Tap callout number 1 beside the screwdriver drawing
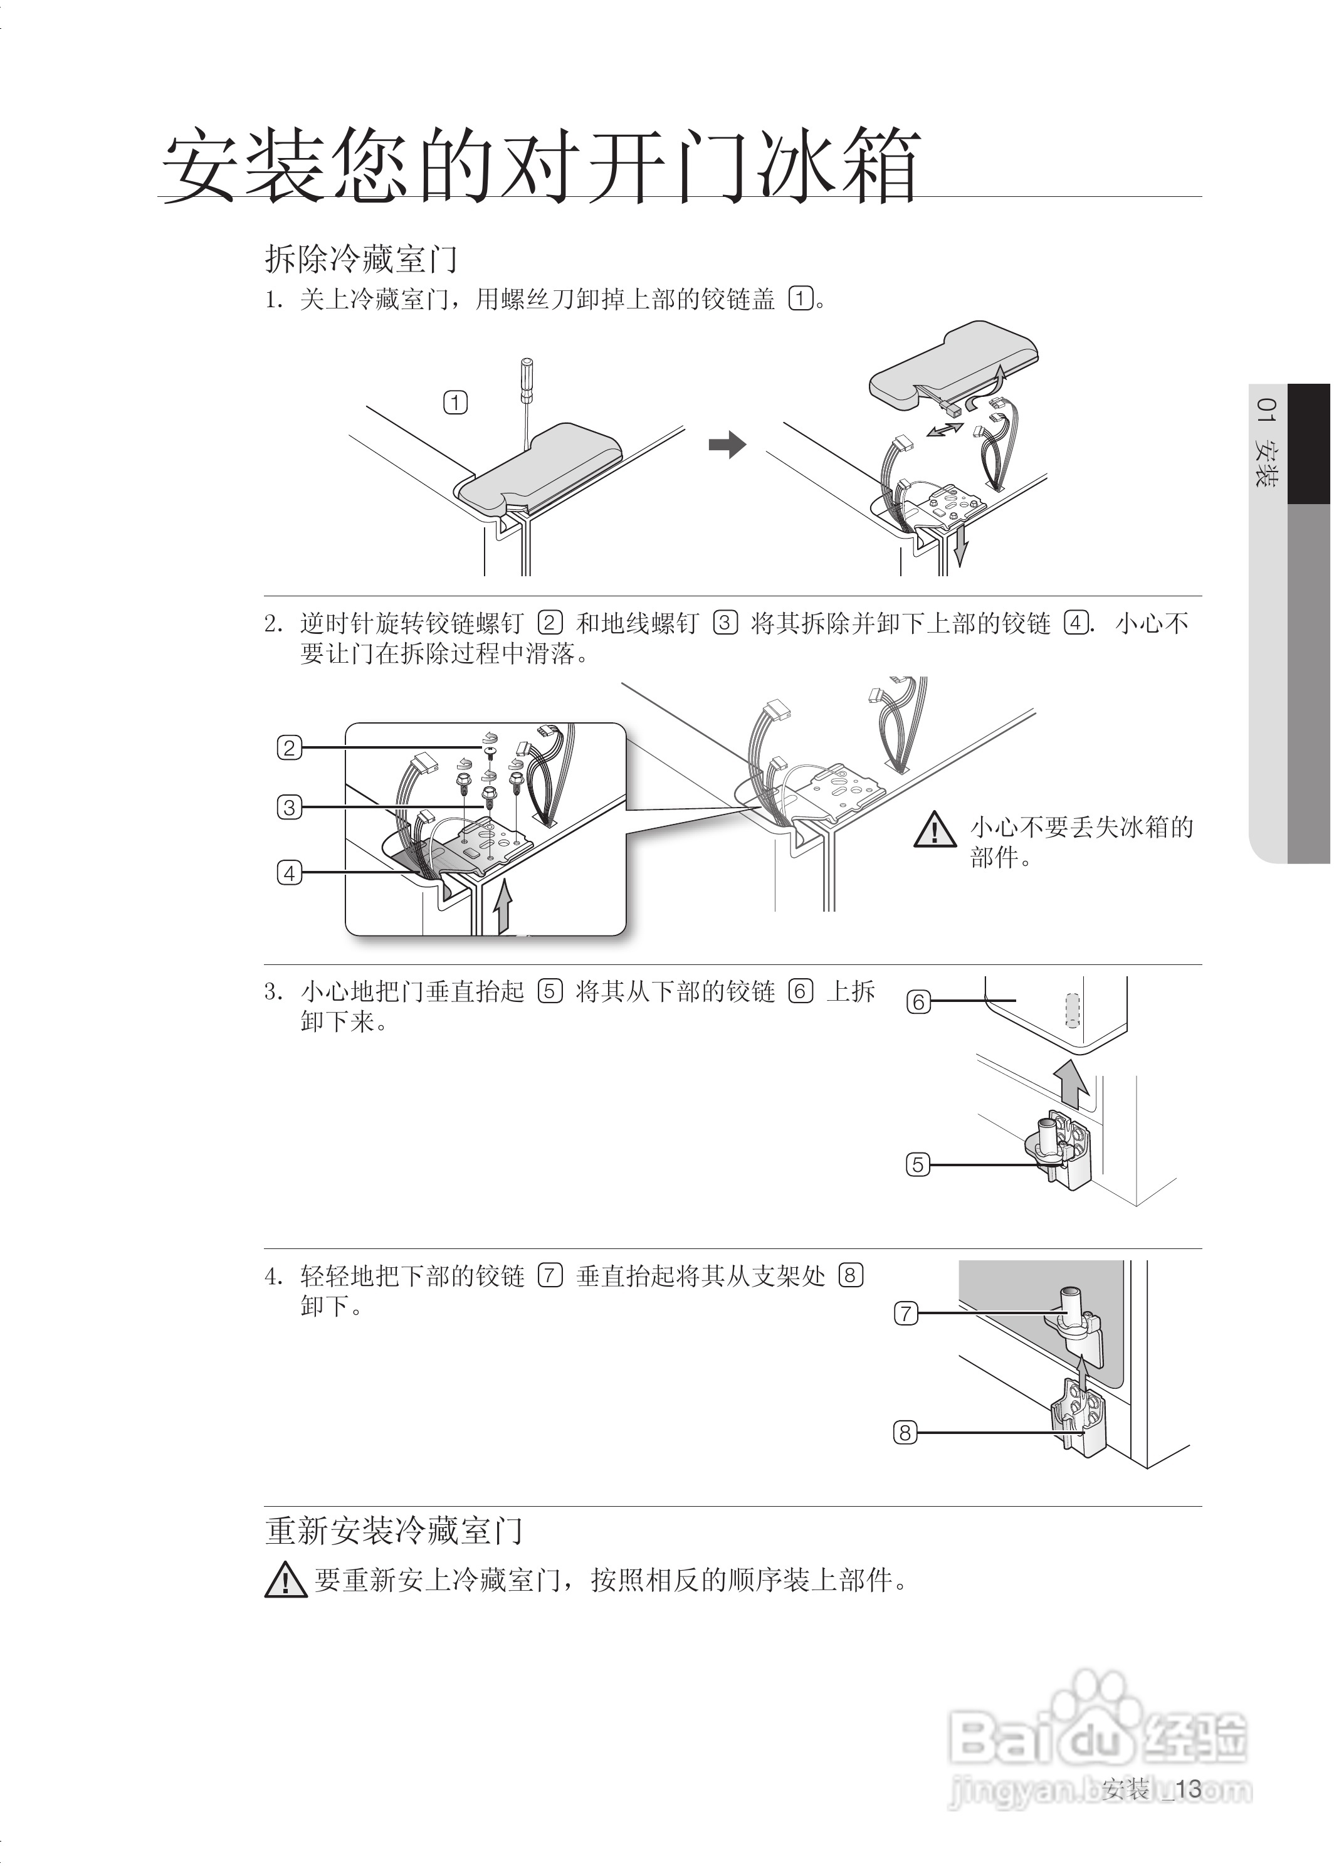click(x=455, y=403)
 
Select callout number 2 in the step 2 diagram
click(x=288, y=747)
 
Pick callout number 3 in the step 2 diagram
click(x=288, y=807)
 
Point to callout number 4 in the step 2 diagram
click(x=288, y=873)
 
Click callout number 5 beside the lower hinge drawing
click(x=918, y=1164)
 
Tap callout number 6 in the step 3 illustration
click(x=918, y=1001)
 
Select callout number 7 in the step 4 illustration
click(x=905, y=1313)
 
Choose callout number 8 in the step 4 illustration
click(x=905, y=1433)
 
